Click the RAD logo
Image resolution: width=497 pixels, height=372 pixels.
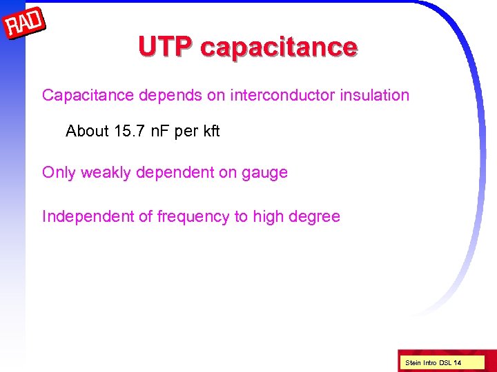(x=25, y=24)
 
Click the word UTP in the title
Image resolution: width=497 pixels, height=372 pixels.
(x=165, y=47)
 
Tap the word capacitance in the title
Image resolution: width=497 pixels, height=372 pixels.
(x=279, y=48)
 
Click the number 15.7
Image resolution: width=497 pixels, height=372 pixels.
(x=133, y=131)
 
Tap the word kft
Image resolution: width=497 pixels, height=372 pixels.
(x=210, y=131)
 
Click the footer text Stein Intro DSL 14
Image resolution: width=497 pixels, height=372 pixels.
(x=433, y=362)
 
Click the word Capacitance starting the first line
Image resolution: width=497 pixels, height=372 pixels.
(x=88, y=95)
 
